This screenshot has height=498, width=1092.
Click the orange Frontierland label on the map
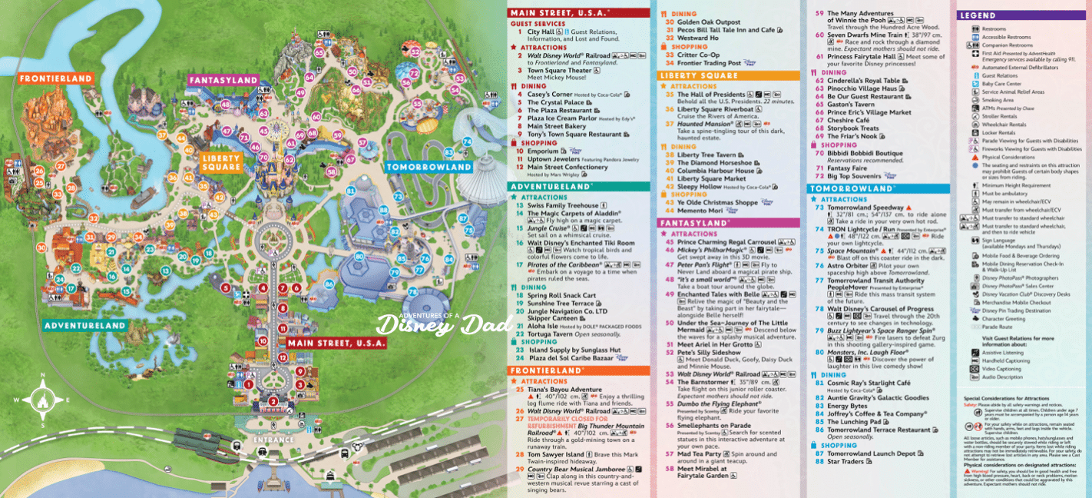pyautogui.click(x=56, y=79)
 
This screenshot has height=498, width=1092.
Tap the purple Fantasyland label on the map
pyautogui.click(x=224, y=80)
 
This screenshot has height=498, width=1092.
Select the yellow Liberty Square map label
pyautogui.click(x=222, y=162)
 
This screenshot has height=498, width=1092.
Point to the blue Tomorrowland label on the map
pyautogui.click(x=429, y=167)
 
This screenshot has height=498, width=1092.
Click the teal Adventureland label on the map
pyautogui.click(x=84, y=326)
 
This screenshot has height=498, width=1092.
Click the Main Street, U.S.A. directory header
pyautogui.click(x=561, y=13)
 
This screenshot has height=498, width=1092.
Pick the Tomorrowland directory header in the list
pyautogui.click(x=850, y=188)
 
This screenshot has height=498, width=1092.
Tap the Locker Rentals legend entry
pyautogui.click(x=998, y=132)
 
